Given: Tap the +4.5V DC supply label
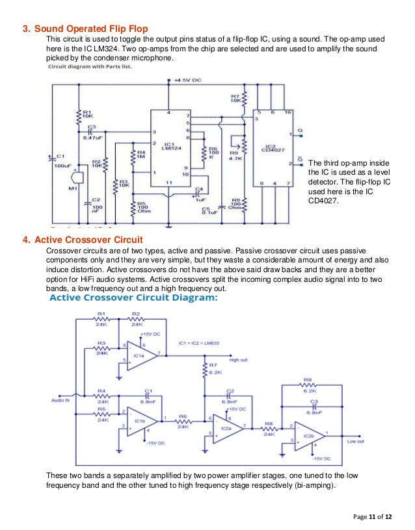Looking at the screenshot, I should click(189, 80).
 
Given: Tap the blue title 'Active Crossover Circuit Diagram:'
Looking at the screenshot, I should click(134, 297).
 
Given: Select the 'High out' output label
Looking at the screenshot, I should click(238, 359).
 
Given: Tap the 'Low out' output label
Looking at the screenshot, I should click(356, 440).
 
